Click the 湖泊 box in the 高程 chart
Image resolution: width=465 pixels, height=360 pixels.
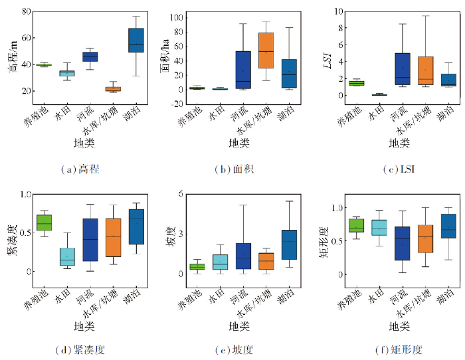(136, 40)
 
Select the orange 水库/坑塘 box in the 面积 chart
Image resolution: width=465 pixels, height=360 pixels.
(266, 50)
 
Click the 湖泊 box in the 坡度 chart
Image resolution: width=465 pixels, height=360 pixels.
(289, 244)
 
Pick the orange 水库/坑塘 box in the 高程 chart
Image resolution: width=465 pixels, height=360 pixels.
(113, 88)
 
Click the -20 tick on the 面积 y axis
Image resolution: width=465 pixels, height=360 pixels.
(177, 104)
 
